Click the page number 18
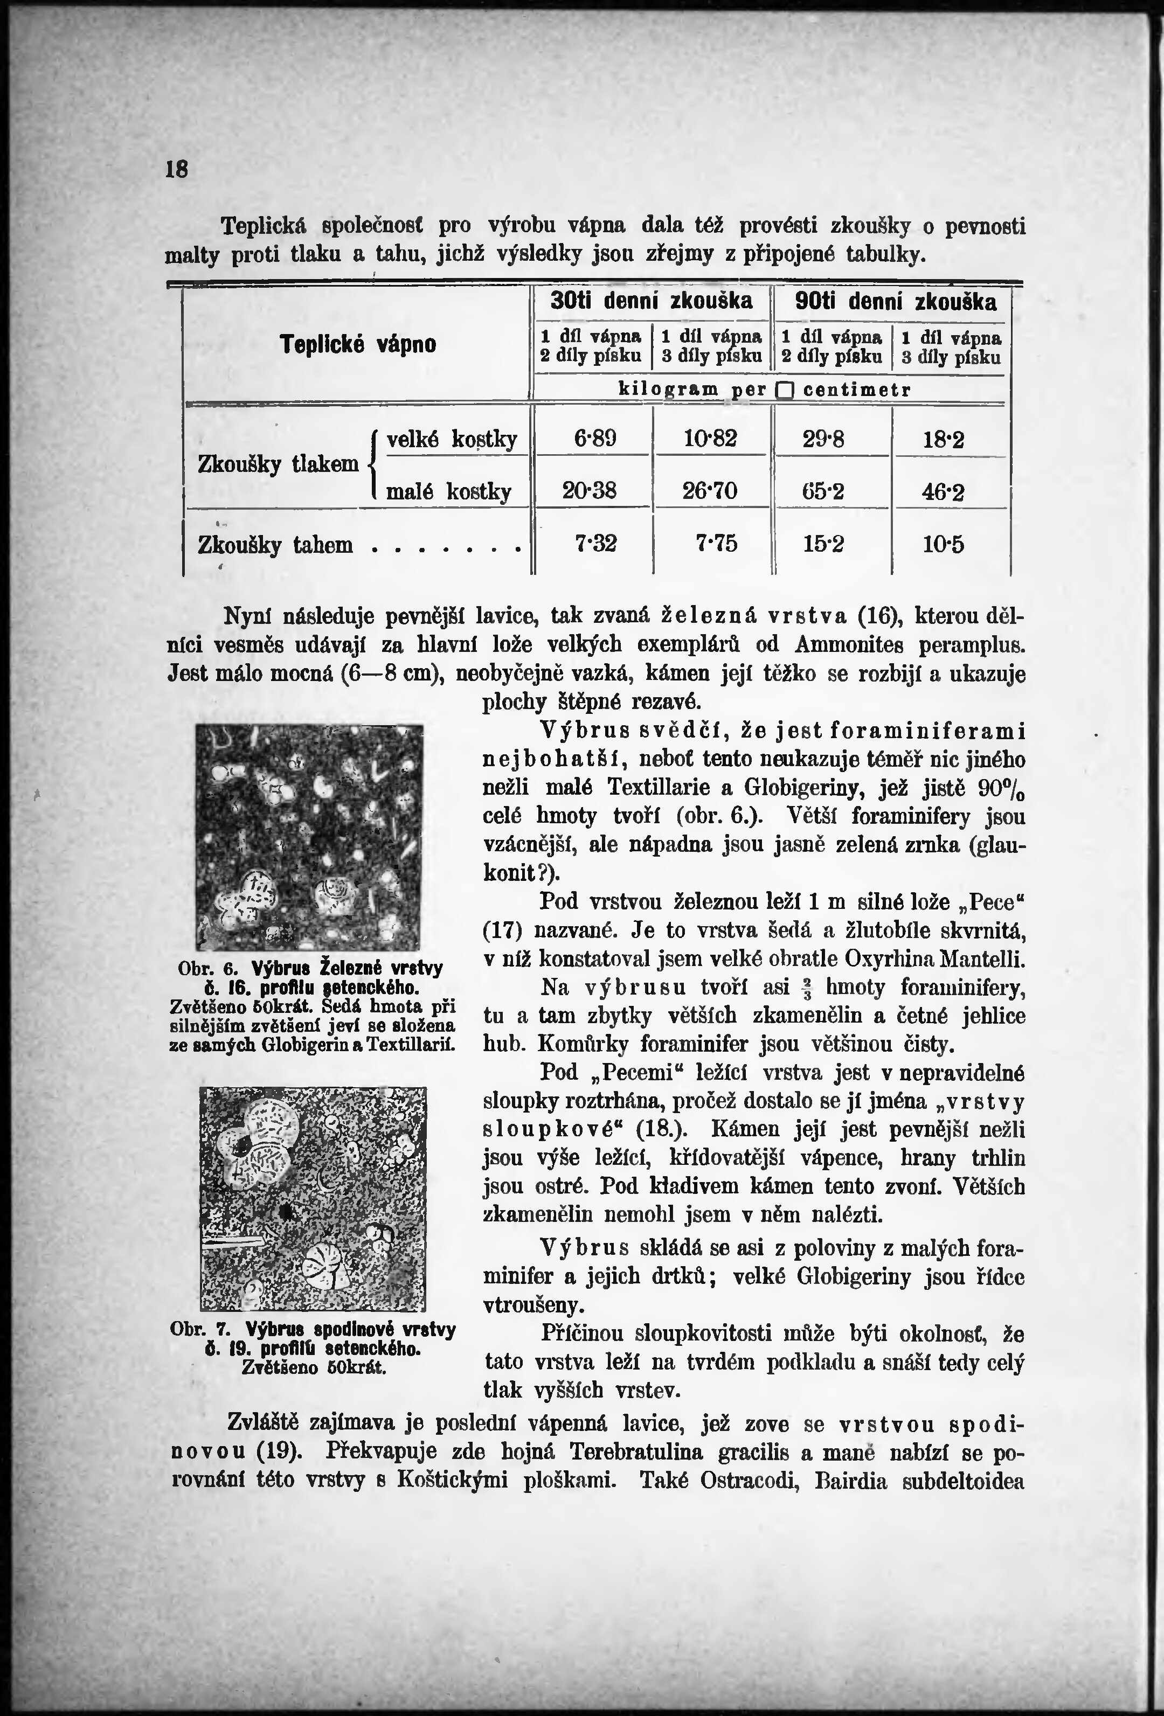(177, 170)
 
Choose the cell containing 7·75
(716, 544)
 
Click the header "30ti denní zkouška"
(652, 301)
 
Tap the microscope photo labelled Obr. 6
(309, 837)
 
